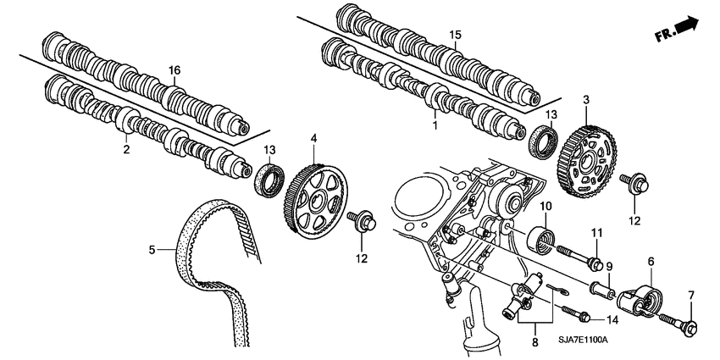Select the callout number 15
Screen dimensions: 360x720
(x=455, y=35)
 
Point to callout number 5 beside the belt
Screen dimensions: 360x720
(x=152, y=250)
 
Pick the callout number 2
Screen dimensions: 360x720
(x=125, y=149)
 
